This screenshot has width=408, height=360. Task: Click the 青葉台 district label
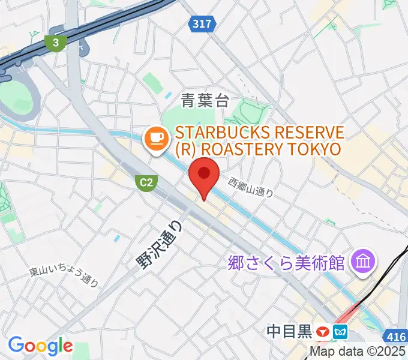coord(205,101)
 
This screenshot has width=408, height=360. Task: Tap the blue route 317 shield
coord(202,24)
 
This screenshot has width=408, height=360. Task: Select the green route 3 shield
coord(56,43)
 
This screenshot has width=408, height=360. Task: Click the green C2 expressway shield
coord(145,182)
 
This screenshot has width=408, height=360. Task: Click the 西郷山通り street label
coord(251,187)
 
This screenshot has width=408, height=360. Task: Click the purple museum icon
coord(364,261)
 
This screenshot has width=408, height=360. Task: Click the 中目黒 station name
coord(290,331)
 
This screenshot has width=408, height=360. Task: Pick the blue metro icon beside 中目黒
coord(341,331)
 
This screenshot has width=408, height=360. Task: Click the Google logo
coord(40,345)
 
